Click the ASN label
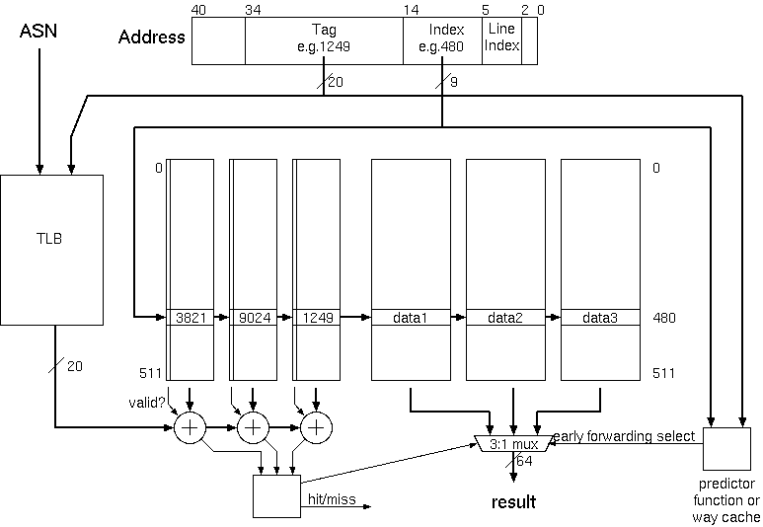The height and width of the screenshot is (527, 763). pos(39,33)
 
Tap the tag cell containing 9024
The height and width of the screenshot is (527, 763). pos(253,318)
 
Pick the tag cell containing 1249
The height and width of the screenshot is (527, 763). pos(316,318)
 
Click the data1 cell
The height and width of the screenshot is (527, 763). pos(410,318)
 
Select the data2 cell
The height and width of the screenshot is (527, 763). pos(504,318)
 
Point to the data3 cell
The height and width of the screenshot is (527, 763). pos(599,318)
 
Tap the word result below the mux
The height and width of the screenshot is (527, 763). pos(513,502)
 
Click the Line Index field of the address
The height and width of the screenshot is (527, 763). pos(501,38)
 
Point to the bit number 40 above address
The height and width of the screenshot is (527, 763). pos(198,10)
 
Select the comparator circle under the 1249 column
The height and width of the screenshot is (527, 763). pos(316,427)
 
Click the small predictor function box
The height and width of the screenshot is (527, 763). pos(725,452)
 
